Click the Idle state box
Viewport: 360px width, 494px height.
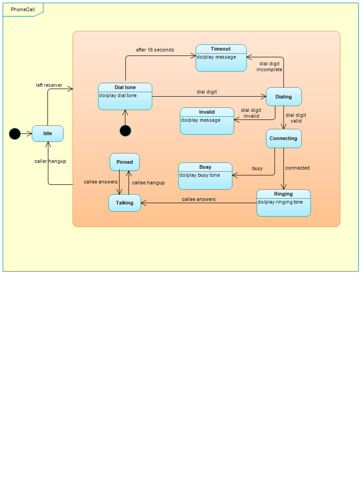tap(47, 133)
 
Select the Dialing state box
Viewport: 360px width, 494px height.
tap(284, 97)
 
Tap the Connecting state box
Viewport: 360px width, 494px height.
tap(284, 138)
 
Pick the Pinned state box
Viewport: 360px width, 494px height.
tap(125, 162)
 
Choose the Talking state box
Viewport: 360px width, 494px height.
tap(125, 203)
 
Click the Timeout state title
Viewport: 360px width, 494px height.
tap(221, 49)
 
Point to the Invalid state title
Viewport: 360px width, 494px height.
tap(207, 112)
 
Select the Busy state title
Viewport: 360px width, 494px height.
tap(205, 167)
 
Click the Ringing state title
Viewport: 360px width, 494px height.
tap(283, 194)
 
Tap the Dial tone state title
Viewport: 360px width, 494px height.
tap(125, 87)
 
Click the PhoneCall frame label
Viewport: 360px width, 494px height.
tap(23, 10)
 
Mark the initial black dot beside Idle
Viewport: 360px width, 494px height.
tap(15, 134)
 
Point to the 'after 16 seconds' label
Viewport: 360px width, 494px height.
tap(155, 50)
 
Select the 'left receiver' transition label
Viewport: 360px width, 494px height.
tap(49, 85)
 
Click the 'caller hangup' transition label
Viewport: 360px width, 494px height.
tap(50, 161)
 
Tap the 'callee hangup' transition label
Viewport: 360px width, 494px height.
tap(148, 183)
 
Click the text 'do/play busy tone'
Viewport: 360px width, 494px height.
tap(199, 175)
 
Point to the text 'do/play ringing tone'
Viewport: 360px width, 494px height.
tap(280, 202)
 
